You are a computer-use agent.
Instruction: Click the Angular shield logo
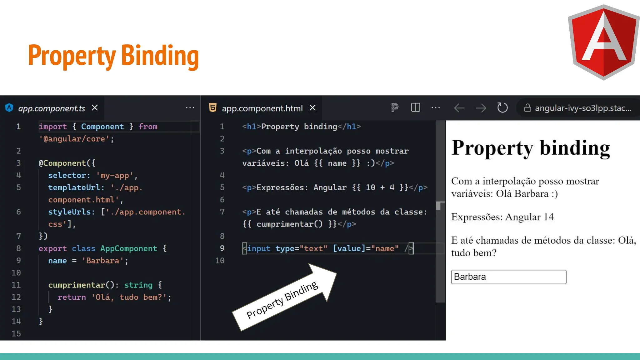(x=603, y=42)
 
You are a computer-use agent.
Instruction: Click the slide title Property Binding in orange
(x=113, y=56)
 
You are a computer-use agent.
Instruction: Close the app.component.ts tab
(x=95, y=108)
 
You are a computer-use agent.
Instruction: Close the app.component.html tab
(x=312, y=108)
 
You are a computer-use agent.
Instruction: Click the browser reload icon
(x=502, y=108)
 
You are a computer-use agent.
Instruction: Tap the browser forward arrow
(x=481, y=108)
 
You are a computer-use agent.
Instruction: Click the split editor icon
(x=416, y=107)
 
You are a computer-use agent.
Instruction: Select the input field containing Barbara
(x=508, y=277)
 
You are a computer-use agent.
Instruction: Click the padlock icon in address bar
(x=527, y=108)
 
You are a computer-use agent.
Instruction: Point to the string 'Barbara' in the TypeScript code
(x=103, y=261)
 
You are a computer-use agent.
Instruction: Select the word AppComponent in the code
(x=129, y=248)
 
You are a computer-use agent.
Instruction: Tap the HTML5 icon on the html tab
(x=212, y=108)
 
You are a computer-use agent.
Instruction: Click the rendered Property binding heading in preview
(x=530, y=148)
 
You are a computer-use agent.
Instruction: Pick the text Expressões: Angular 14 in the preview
(x=502, y=217)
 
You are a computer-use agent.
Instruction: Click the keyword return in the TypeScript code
(x=72, y=297)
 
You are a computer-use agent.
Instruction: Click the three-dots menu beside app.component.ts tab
(x=190, y=108)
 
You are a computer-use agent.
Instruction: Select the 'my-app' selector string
(x=115, y=175)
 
